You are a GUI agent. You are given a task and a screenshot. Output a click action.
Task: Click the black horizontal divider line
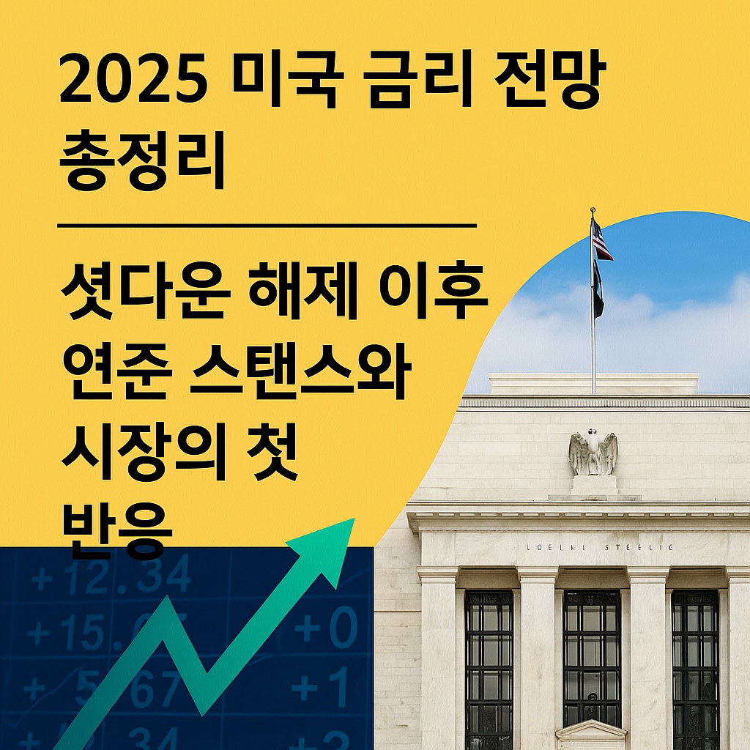click(267, 226)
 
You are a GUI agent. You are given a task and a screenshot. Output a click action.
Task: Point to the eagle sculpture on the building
click(593, 453)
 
